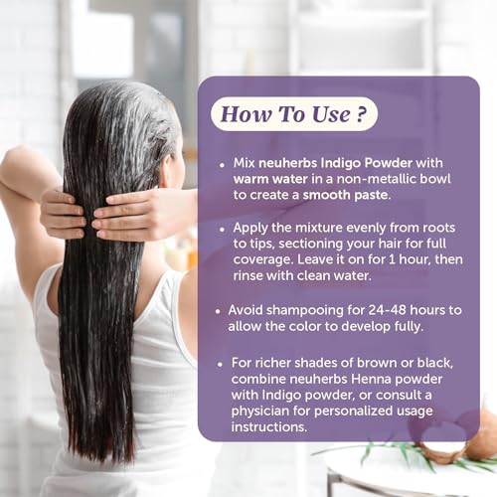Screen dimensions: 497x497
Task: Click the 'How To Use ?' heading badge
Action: click(x=294, y=114)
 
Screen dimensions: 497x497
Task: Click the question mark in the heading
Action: click(x=362, y=114)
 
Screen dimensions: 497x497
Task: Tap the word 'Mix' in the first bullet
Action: click(x=244, y=163)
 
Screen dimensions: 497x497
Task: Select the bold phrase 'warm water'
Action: click(x=270, y=179)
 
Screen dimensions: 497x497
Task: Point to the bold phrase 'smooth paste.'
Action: click(x=347, y=195)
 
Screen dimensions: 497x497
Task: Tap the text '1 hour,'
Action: click(x=410, y=259)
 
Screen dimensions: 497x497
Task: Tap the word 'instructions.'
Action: click(x=269, y=426)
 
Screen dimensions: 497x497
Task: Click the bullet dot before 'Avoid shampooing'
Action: click(x=218, y=311)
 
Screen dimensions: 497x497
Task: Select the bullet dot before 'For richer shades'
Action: click(x=220, y=364)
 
